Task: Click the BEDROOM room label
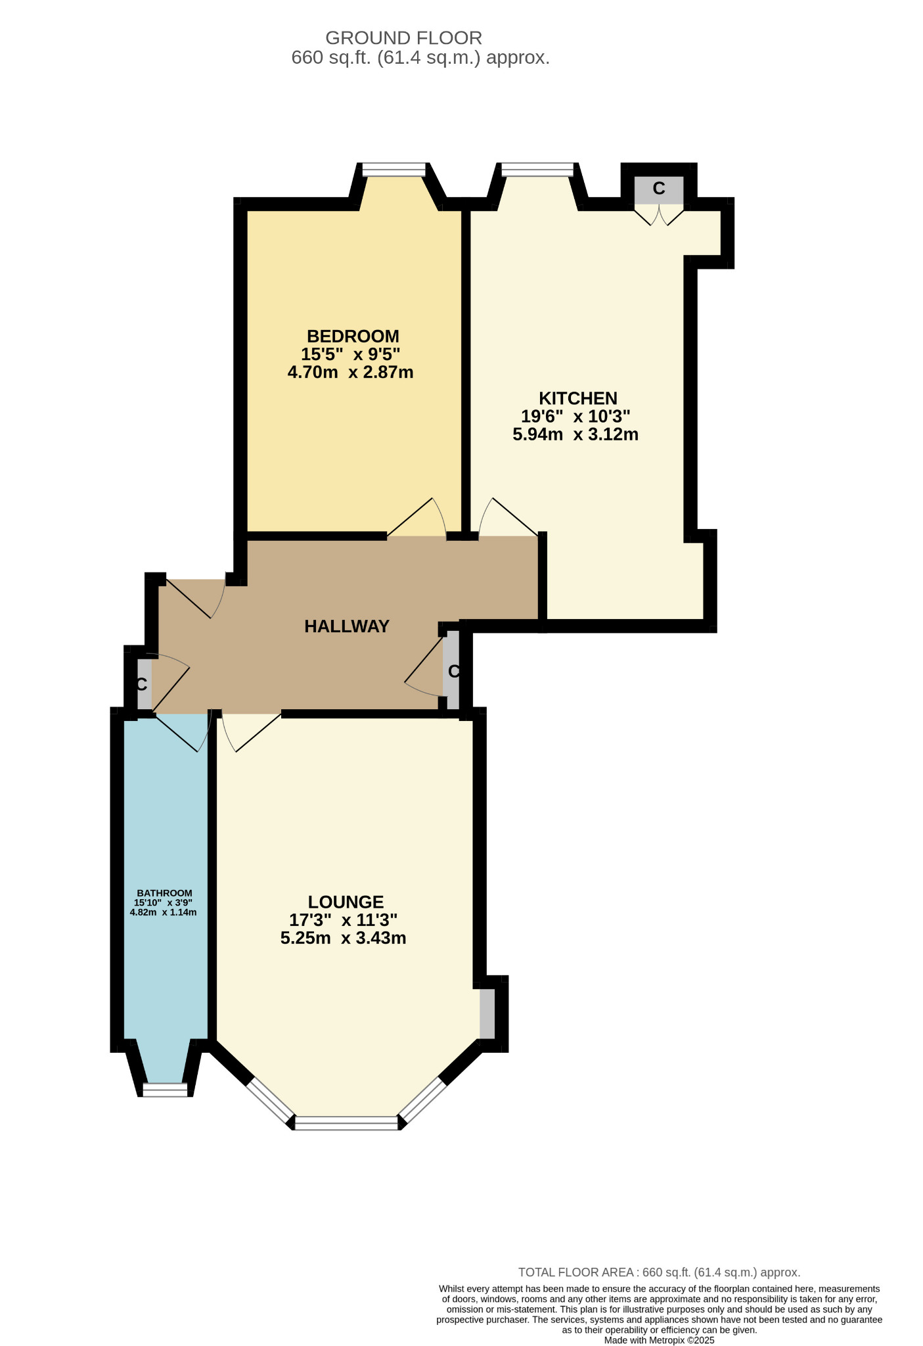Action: pos(353,336)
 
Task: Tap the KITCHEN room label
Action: pos(577,398)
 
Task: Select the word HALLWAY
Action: pos(347,626)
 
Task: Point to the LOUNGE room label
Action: pos(346,902)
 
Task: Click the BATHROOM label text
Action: pos(164,893)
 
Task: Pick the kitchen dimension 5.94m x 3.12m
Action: pos(575,434)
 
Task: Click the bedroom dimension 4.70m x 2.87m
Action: pos(350,373)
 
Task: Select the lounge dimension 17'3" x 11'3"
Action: pos(343,920)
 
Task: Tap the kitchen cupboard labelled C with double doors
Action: pos(658,190)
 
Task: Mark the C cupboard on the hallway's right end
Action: pos(451,672)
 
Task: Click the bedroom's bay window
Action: pos(394,170)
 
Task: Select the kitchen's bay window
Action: pos(537,170)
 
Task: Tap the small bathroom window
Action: pos(165,1090)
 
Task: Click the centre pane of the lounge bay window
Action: pos(346,1123)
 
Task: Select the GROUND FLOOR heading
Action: pos(403,38)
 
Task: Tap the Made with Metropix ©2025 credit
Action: pos(659,1340)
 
